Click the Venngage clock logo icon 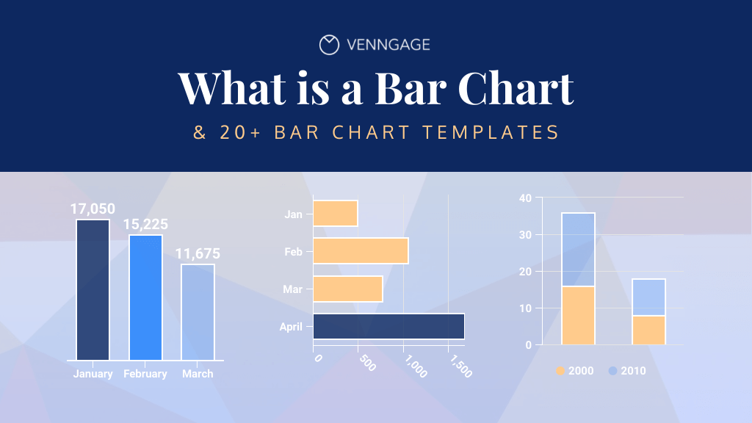coord(329,45)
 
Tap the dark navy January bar coord(93,289)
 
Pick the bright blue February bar coord(145,297)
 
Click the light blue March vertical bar coord(198,312)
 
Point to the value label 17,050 coord(93,209)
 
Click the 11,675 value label coord(198,254)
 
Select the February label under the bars coord(145,374)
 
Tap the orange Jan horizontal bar coord(336,214)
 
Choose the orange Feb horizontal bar coord(361,251)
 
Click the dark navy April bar coord(388,326)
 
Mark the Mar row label coord(293,289)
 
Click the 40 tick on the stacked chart coord(525,198)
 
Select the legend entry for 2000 coord(574,371)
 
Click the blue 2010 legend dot coord(612,371)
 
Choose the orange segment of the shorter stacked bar coord(648,330)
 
